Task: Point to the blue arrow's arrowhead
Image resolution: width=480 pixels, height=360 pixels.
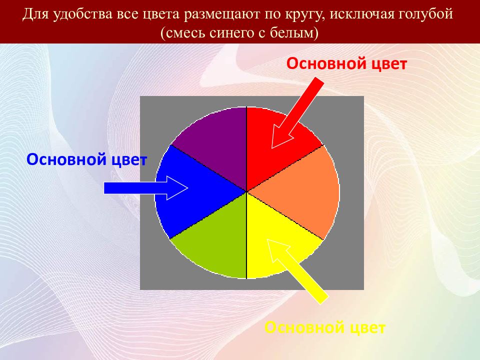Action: [x=177, y=188]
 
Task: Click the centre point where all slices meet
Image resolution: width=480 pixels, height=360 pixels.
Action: [x=246, y=192]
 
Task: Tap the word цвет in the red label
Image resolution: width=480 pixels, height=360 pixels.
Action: [x=389, y=64]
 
